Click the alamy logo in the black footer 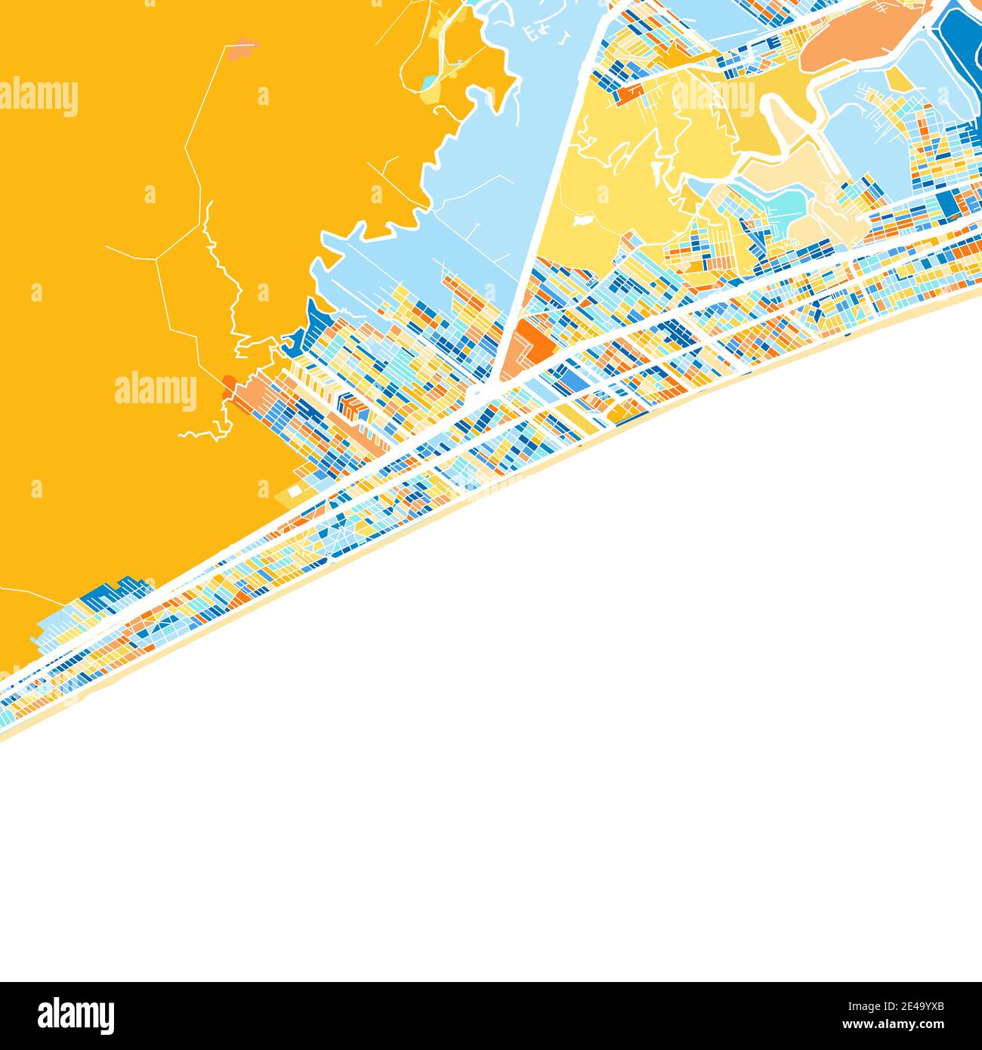[x=76, y=1015]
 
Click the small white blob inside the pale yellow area [x=581, y=221]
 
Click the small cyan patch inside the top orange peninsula [x=428, y=81]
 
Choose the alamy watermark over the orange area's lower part [x=156, y=391]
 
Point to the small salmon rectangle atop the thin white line [x=242, y=52]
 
